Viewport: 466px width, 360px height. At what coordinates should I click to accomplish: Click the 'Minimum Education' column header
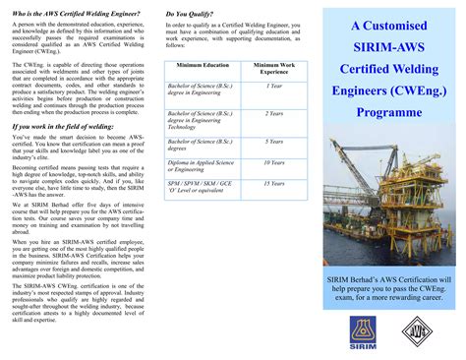click(203, 65)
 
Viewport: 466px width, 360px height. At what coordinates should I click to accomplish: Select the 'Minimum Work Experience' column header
click(273, 69)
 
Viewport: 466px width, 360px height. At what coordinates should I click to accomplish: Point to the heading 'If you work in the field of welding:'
click(62, 127)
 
